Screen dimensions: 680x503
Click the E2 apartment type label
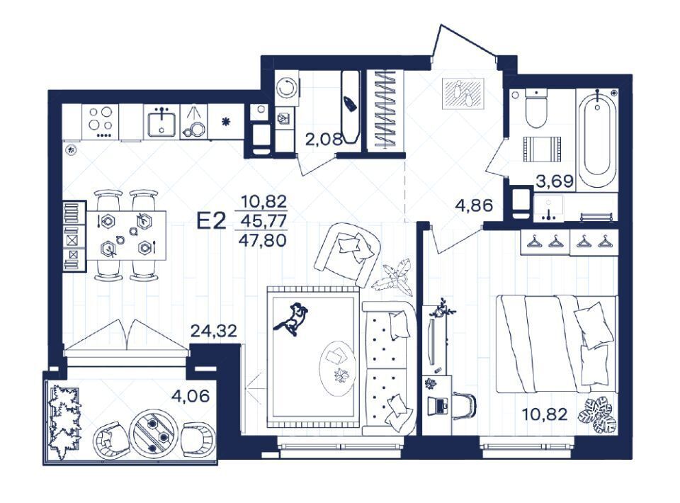click(212, 221)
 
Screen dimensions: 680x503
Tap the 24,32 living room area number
click(214, 332)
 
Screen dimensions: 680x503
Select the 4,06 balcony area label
click(191, 395)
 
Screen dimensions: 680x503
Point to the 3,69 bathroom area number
click(555, 181)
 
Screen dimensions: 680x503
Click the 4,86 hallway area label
click(474, 205)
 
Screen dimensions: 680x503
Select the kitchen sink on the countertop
click(161, 123)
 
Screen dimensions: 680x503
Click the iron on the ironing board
click(349, 103)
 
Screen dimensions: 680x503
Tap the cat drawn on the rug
click(291, 319)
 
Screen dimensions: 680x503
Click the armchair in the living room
click(347, 254)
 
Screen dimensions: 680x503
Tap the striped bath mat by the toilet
click(542, 149)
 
